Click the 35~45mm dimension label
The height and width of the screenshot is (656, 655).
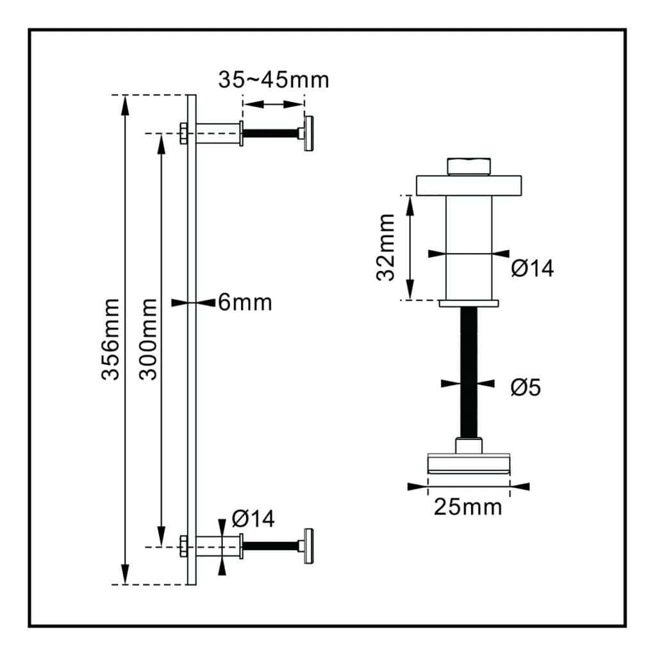pos(273,80)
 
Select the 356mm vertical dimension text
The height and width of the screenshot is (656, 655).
pos(110,340)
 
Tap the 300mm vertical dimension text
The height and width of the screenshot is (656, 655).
pos(148,340)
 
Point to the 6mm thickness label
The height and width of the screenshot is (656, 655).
pos(245,302)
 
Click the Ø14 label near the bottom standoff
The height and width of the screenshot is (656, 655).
pos(253,518)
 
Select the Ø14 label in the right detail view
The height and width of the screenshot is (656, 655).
pos(532,269)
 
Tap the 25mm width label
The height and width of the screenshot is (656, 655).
pos(468,507)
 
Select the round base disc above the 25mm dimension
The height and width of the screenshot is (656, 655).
pos(468,464)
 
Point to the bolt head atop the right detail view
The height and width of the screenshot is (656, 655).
pos(468,166)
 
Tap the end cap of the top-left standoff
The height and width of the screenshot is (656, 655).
pos(310,133)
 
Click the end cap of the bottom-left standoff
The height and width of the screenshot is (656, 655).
pos(310,546)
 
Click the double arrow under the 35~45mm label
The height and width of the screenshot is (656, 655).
pos(273,104)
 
